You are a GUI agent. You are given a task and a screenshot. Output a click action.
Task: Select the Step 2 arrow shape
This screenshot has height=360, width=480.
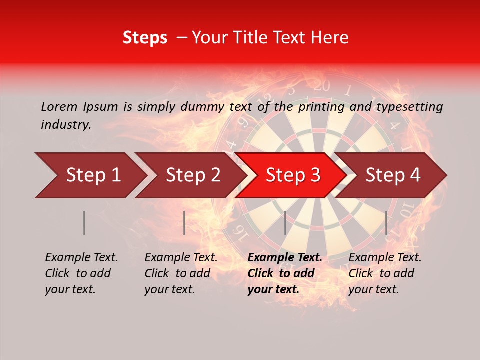coord(193,175)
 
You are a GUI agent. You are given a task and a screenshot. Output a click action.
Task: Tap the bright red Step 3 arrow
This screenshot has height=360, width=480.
coord(293,175)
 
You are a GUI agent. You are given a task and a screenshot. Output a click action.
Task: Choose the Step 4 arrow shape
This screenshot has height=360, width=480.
coord(393,175)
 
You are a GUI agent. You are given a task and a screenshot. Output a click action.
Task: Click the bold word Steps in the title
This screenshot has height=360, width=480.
coord(145,38)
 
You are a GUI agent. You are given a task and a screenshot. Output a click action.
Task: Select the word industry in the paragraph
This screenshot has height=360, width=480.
coord(65,125)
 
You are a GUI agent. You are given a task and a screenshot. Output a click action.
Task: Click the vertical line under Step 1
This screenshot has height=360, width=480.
coord(84,223)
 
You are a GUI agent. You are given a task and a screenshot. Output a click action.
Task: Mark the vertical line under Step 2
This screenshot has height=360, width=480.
coord(184,223)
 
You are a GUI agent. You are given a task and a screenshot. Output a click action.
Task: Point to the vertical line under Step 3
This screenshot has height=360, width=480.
coord(285,223)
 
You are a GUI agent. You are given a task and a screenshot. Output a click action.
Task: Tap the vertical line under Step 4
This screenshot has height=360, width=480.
coord(386,223)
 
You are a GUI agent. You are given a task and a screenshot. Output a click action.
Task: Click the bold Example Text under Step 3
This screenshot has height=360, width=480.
coord(285,258)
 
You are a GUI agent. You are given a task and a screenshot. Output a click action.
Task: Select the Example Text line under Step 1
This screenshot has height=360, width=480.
coord(81,258)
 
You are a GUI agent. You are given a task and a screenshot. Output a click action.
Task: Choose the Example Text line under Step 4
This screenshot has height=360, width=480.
coord(385,258)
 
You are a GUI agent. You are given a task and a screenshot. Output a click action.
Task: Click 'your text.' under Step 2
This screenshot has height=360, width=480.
coord(169,289)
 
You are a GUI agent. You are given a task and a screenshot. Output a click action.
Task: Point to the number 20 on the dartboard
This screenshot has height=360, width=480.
coord(322,86)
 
